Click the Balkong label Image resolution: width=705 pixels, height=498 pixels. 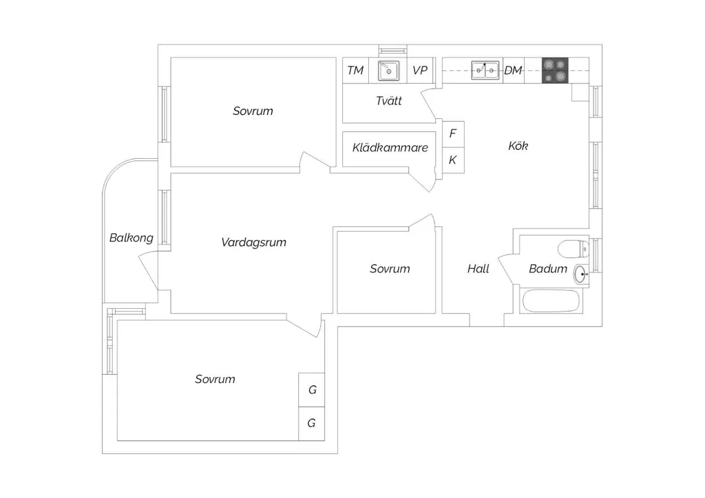(x=131, y=237)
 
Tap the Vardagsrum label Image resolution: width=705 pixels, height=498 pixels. (x=253, y=243)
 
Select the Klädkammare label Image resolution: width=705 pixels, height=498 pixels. (x=390, y=147)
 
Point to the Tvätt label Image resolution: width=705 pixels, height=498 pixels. (x=389, y=100)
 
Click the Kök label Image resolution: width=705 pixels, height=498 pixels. (x=518, y=146)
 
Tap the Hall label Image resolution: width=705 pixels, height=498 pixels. (x=478, y=268)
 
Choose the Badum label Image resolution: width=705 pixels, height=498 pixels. (x=547, y=268)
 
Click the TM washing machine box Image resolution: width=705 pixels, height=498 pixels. (x=356, y=70)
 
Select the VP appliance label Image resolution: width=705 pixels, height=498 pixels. (x=420, y=70)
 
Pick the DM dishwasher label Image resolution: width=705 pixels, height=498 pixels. (x=513, y=70)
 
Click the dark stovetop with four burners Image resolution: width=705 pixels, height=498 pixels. (x=555, y=70)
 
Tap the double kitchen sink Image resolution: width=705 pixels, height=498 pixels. (x=485, y=70)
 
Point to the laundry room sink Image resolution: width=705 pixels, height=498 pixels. (x=388, y=70)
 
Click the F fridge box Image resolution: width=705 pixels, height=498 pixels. (x=453, y=134)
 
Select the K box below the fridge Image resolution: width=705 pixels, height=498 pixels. (x=453, y=160)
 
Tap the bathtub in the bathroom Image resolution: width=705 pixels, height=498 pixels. (x=550, y=301)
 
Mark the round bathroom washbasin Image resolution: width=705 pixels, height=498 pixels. (x=581, y=274)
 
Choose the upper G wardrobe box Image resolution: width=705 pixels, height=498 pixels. (x=312, y=390)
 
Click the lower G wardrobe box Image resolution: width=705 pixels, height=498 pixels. (x=312, y=424)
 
